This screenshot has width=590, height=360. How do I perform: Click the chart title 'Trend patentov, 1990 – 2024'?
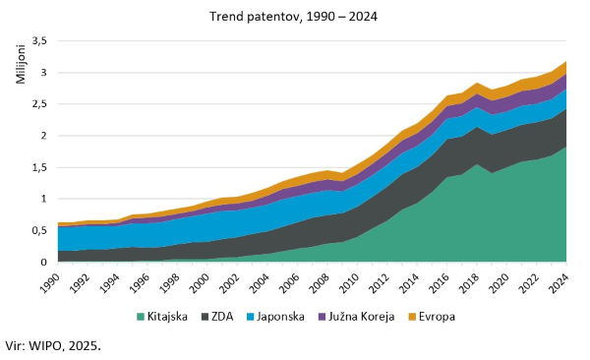pos(294,17)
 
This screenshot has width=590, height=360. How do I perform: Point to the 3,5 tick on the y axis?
pos(39,41)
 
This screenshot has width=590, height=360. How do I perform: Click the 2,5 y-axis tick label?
pos(39,104)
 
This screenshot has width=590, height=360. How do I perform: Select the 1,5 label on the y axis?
pos(39,167)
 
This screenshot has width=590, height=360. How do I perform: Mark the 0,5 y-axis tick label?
pos(39,230)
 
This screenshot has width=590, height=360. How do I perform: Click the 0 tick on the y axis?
pos(45,263)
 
